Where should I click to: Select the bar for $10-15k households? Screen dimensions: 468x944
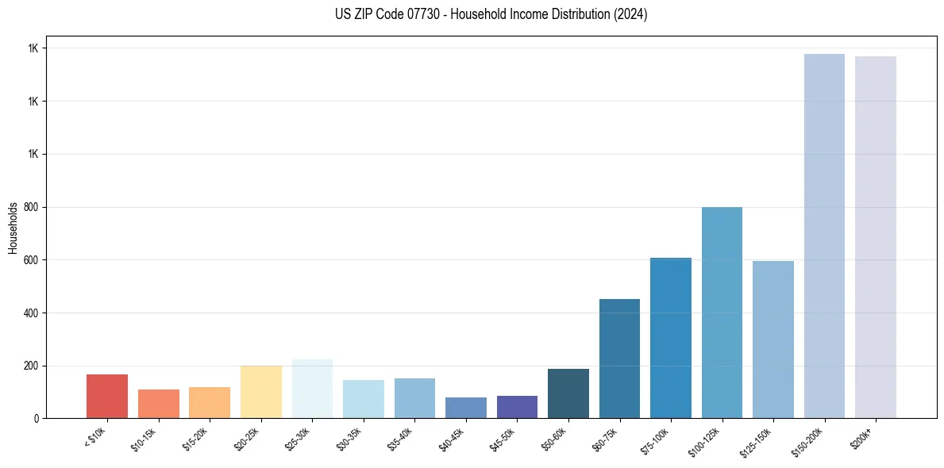[x=159, y=404]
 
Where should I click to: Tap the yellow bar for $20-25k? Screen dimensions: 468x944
[x=261, y=392]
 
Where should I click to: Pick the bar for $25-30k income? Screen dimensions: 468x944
[x=312, y=389]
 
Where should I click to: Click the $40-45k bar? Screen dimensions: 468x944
[x=466, y=408]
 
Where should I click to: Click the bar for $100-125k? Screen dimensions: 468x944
[x=722, y=313]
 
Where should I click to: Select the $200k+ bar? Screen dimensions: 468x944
[x=876, y=237]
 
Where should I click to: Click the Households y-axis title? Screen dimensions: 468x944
[x=13, y=227]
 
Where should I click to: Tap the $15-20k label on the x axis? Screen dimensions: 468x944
[x=196, y=438]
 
